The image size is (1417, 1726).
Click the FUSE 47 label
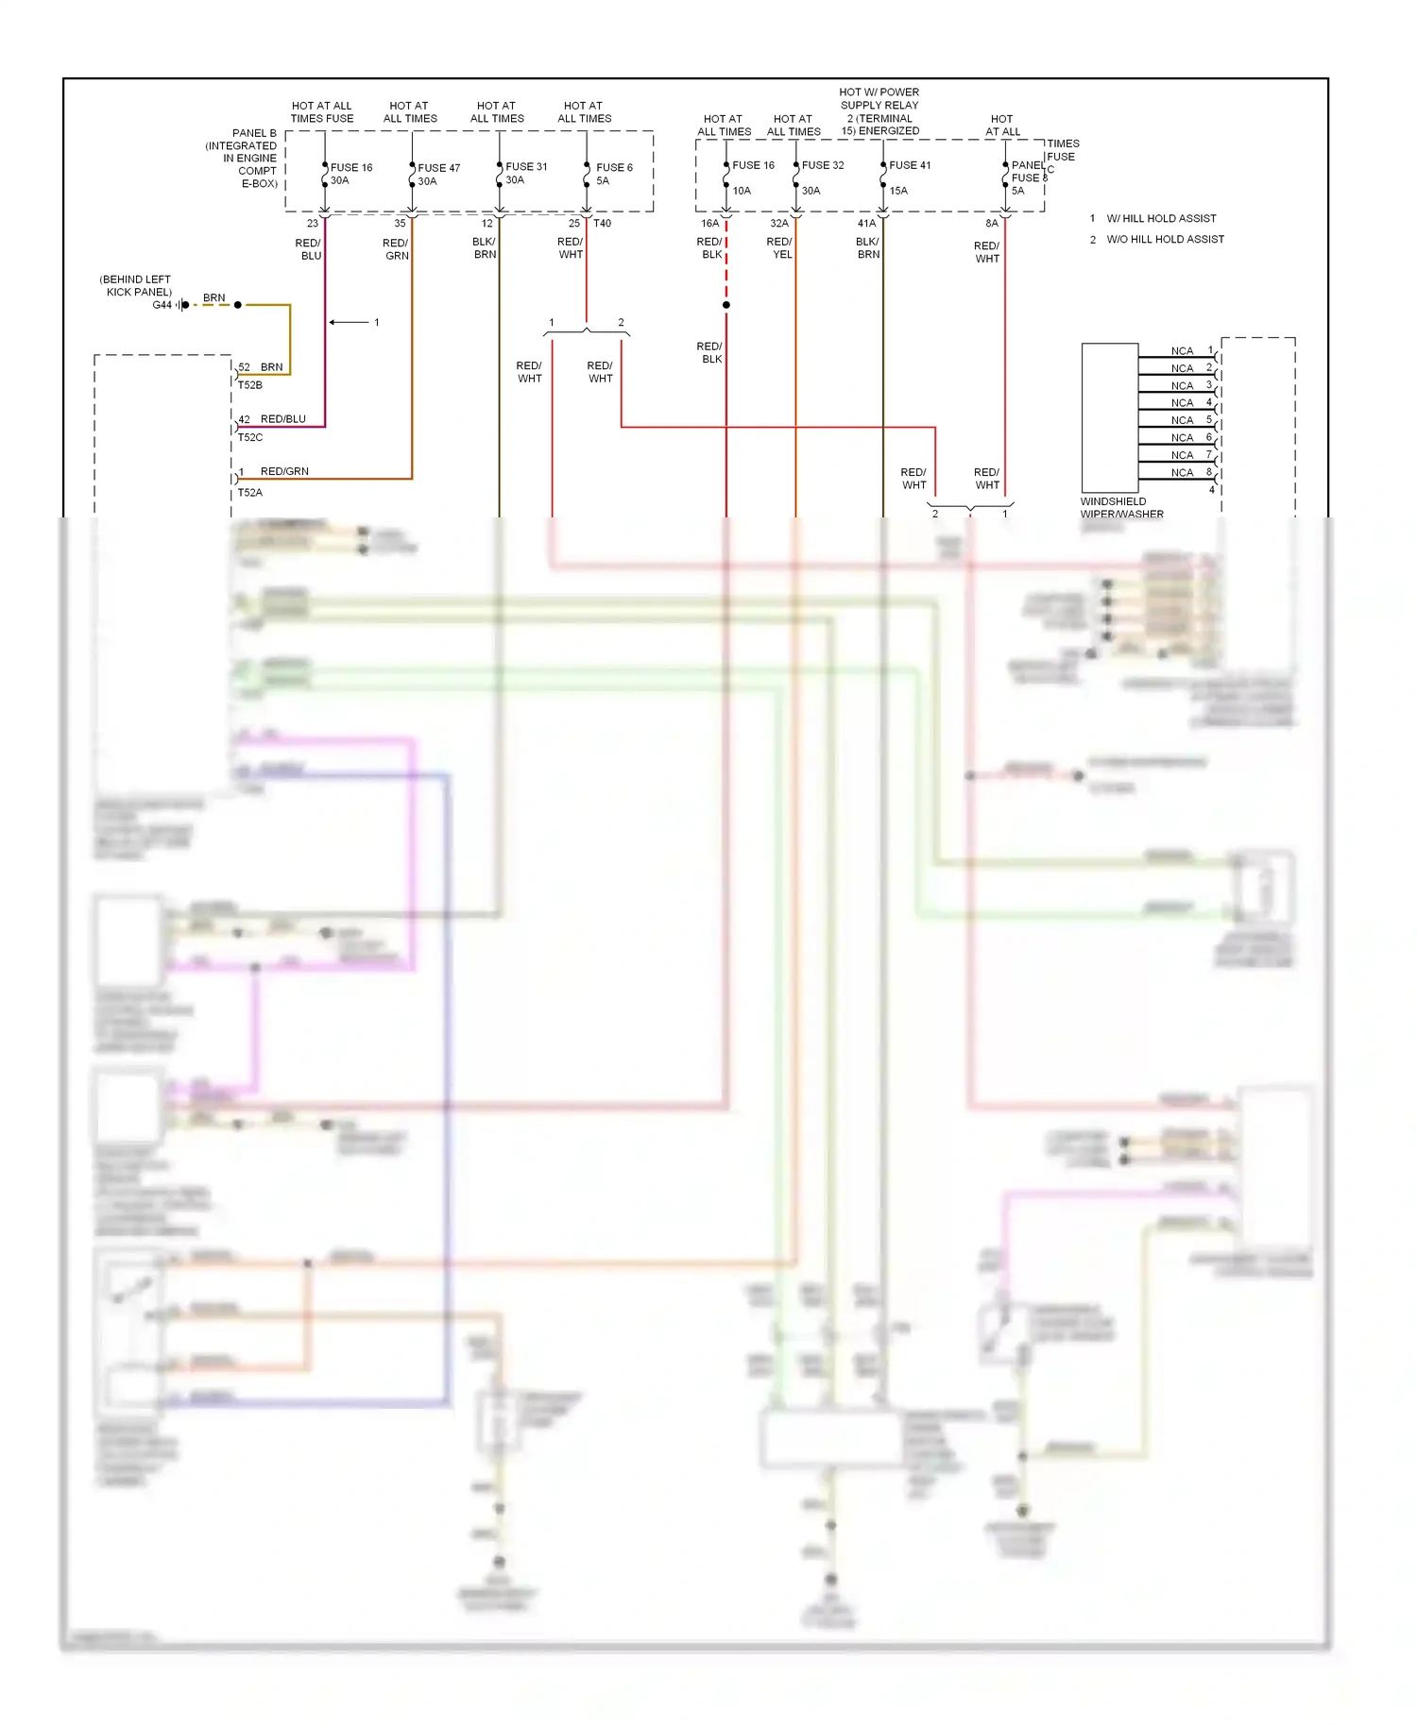coord(438,168)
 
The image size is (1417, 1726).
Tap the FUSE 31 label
coord(526,167)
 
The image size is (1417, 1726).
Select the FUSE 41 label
coord(910,165)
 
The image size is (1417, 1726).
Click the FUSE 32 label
coord(823,165)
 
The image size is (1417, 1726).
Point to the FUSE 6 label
coord(614,168)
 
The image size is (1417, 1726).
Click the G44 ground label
coord(162,305)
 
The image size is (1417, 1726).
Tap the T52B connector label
coord(250,385)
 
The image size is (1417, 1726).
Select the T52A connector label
coord(250,493)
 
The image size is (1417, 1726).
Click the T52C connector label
coord(250,438)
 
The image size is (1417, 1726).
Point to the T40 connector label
coord(603,224)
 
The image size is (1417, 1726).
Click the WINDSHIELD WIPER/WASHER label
coord(1121,508)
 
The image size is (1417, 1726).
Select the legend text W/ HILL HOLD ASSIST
coord(1161,219)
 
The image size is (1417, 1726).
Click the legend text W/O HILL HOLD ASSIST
coord(1165,240)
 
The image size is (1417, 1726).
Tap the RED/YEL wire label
coord(780,248)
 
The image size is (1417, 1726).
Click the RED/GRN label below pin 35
coord(396,249)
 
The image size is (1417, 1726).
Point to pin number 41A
coord(866,224)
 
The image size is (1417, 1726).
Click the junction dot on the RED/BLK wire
coord(726,305)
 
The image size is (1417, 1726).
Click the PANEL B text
coord(254,134)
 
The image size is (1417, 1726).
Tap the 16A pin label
coord(709,224)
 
